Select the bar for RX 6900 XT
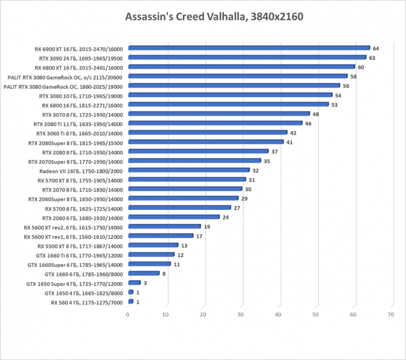pyautogui.click(x=248, y=48)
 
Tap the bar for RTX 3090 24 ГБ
pyautogui.click(x=246, y=58)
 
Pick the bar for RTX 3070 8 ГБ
pyautogui.click(x=218, y=114)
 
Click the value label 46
pyautogui.click(x=308, y=124)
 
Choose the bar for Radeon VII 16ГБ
pyautogui.click(x=188, y=170)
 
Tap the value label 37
pyautogui.click(x=275, y=152)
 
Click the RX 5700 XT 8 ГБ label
pyautogui.click(x=80, y=180)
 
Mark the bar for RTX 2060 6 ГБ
pyautogui.click(x=173, y=217)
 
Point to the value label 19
pyautogui.click(x=207, y=227)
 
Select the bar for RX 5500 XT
pyautogui.click(x=153, y=245)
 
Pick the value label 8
pyautogui.click(x=164, y=274)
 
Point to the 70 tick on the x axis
pyautogui.click(x=391, y=315)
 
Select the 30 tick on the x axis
pyautogui.click(x=240, y=315)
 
